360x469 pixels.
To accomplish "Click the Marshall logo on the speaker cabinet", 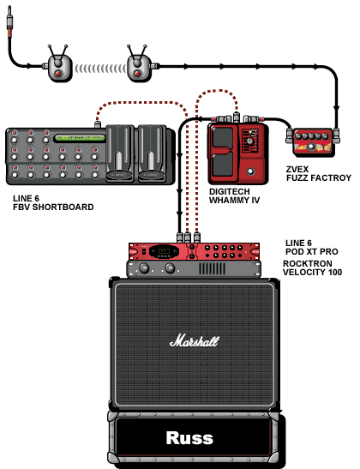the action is [x=195, y=341].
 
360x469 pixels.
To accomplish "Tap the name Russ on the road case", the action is [x=189, y=438].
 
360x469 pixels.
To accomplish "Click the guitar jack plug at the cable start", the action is [x=10, y=21].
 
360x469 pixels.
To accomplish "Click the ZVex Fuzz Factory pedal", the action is [x=313, y=141].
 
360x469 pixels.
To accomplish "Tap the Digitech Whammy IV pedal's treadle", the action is [x=223, y=152].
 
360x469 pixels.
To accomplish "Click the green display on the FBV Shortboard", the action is [x=80, y=138].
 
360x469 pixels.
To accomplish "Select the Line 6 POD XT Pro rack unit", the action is [x=194, y=251].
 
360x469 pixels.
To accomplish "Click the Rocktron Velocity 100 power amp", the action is [x=194, y=268].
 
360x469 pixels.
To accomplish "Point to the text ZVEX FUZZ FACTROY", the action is [x=319, y=174].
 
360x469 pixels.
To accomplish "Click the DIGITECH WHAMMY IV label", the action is [x=234, y=195].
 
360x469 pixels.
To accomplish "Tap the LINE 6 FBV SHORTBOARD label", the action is [x=53, y=203].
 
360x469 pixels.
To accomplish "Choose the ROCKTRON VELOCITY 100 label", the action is [x=312, y=268].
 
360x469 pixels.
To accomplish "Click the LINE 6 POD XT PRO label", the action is [x=311, y=248].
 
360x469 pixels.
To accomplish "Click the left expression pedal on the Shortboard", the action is [x=120, y=153].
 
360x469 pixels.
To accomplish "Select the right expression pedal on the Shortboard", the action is [x=152, y=153].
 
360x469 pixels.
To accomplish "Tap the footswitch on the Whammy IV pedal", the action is [x=251, y=171].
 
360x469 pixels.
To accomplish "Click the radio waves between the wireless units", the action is [x=100, y=69].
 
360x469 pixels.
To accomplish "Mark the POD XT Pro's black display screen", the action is [x=165, y=251].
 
